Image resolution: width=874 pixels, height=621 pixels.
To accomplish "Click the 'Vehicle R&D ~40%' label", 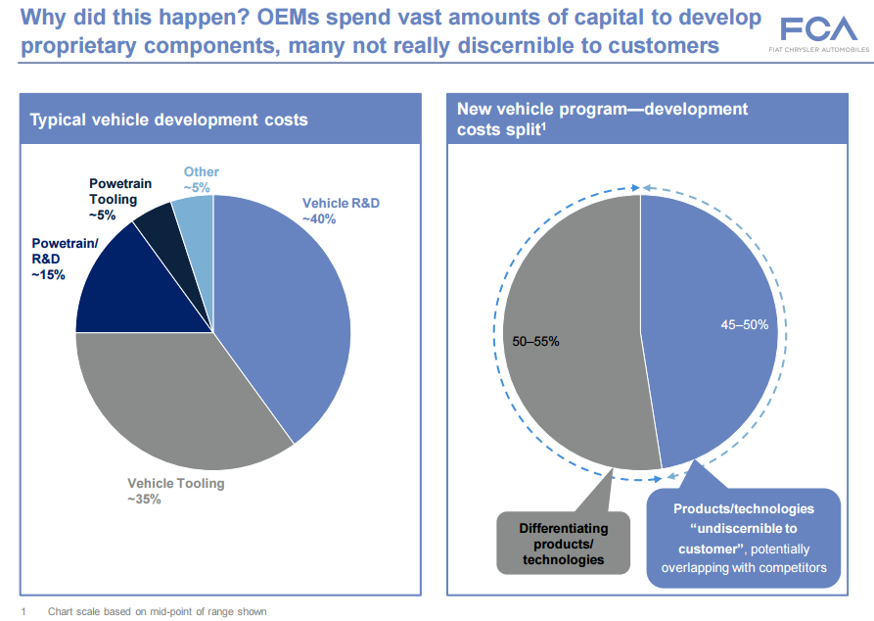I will coord(341,211).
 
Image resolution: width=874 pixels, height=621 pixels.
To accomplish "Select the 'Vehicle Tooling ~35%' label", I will coord(176,491).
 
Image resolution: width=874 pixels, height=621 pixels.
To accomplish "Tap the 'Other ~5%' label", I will coord(201,179).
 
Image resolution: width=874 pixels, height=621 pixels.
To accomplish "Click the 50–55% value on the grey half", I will coord(536,341).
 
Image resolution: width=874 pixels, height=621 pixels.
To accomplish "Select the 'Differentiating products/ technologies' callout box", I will coord(563,544).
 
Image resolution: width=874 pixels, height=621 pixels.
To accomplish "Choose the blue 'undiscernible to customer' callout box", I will coord(743,538).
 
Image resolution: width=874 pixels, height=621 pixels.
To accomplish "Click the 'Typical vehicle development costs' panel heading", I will coord(169,120).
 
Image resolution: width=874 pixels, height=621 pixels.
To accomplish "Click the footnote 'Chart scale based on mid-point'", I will coord(157,611).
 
